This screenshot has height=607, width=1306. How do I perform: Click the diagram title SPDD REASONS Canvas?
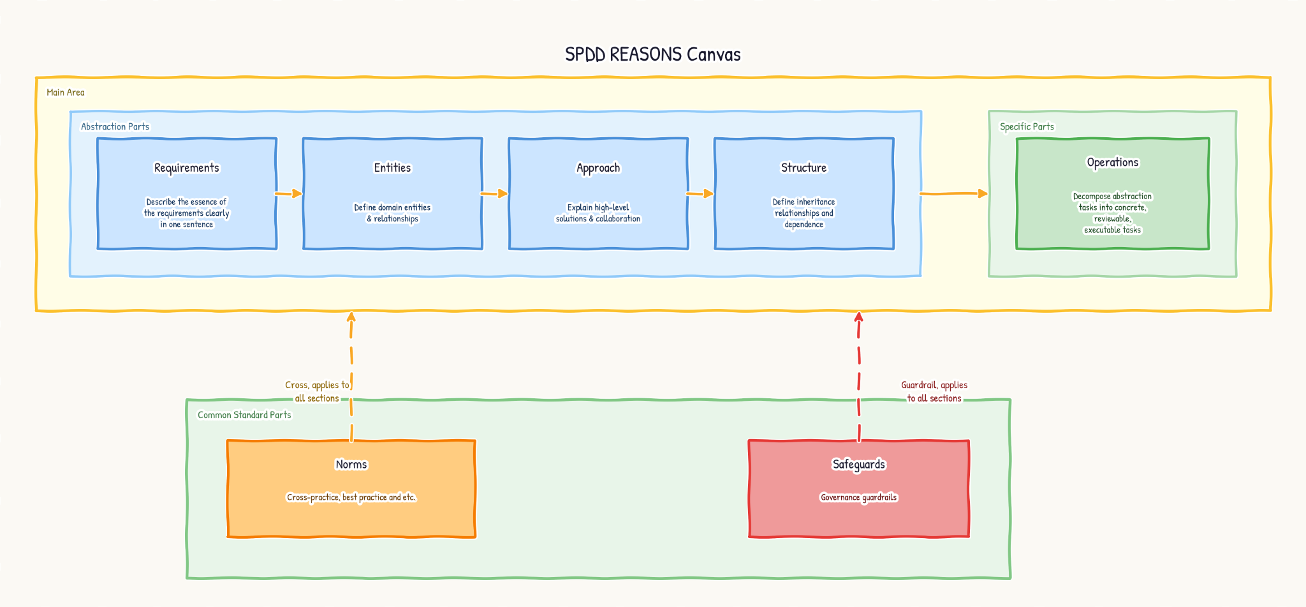coord(653,54)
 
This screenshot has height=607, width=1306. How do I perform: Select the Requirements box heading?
coord(187,168)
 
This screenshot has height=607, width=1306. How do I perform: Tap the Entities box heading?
coord(392,168)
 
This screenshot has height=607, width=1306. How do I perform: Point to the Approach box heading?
coord(598,168)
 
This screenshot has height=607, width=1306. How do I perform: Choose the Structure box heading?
coord(803,168)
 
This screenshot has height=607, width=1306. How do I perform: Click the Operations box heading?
coord(1113,162)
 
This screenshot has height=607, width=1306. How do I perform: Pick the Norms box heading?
coord(351,464)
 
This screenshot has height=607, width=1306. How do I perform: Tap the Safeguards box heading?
coord(859,464)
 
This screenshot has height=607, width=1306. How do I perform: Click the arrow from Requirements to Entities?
coord(289,193)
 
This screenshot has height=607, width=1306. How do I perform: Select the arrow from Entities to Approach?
coord(495,193)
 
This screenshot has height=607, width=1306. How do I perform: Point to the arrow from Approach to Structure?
coord(700,193)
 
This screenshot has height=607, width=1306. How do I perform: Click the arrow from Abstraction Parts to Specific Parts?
coord(954,193)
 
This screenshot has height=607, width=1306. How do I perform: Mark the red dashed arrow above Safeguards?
coord(859,377)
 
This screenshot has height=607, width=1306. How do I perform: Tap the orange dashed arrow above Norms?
coord(351,377)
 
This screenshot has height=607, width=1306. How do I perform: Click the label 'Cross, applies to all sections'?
coord(317,391)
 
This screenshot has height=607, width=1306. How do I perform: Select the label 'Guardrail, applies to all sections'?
coord(934,391)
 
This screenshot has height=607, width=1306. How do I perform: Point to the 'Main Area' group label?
coord(66,93)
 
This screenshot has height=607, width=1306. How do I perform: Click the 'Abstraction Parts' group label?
coord(115,126)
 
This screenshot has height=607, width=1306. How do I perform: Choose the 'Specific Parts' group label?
coord(1027,126)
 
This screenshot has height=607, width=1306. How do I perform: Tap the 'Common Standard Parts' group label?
coord(244,415)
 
